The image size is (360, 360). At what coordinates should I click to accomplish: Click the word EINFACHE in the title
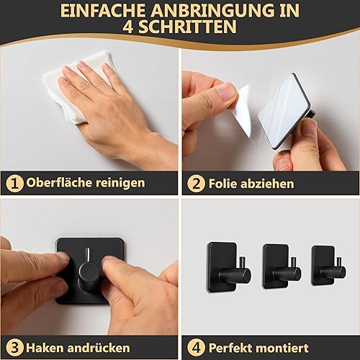[103, 11]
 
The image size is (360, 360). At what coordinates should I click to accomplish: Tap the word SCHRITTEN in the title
[187, 27]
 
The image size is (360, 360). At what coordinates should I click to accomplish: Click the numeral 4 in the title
[128, 27]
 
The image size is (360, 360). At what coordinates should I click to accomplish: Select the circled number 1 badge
[14, 184]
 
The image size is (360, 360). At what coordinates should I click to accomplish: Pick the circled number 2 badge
[196, 184]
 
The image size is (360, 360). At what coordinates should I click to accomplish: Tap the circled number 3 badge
[14, 348]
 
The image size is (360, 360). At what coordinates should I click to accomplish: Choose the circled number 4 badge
[196, 348]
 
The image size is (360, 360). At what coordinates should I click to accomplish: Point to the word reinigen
[120, 184]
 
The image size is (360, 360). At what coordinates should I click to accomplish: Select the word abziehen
[267, 184]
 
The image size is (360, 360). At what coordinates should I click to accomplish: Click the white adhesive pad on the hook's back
[282, 110]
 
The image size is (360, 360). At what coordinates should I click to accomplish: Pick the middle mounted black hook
[282, 267]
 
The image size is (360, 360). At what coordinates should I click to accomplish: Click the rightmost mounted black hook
[328, 266]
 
